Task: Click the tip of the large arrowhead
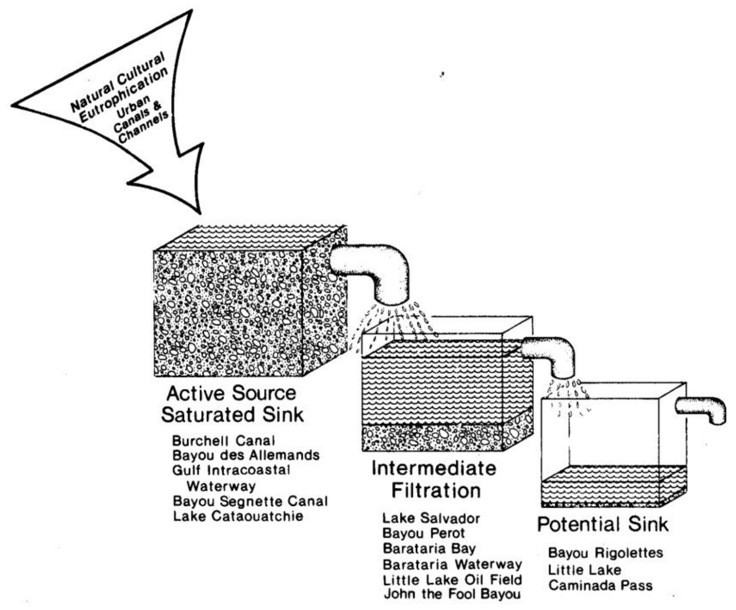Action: tap(199, 212)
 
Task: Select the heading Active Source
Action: tap(231, 393)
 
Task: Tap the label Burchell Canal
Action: tap(223, 441)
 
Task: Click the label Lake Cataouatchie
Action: tap(238, 516)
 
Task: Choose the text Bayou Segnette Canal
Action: tap(250, 501)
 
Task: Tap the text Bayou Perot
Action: tap(423, 533)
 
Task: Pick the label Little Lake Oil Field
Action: tap(452, 580)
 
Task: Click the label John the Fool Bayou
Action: tap(452, 594)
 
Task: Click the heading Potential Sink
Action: tap(602, 525)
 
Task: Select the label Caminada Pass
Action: tap(600, 585)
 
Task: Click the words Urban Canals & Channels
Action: tap(140, 119)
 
